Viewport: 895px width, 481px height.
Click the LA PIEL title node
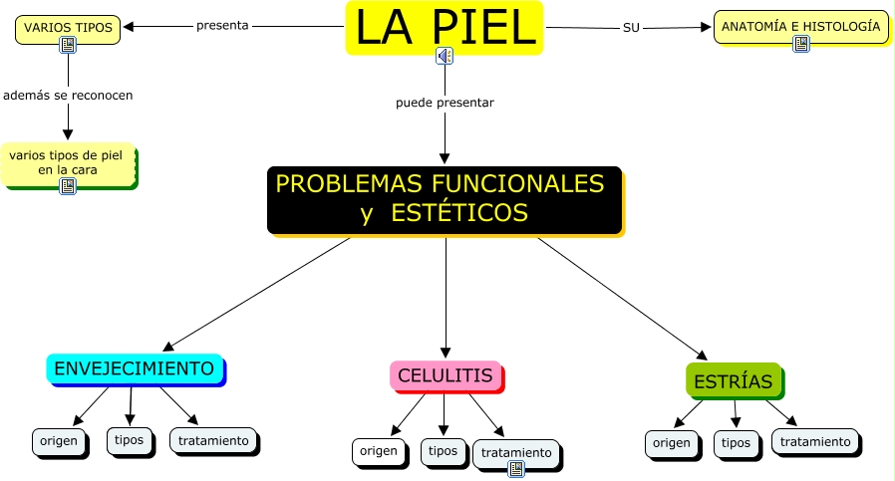(445, 27)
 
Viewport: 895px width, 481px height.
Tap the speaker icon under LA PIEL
(445, 57)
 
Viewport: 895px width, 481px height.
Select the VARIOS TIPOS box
(69, 27)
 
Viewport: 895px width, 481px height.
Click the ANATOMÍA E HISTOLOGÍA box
(800, 27)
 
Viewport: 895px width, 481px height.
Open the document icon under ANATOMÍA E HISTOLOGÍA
(801, 44)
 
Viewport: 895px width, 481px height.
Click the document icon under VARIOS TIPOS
(68, 45)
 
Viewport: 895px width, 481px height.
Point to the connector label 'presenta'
(222, 26)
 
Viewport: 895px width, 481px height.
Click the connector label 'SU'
(631, 27)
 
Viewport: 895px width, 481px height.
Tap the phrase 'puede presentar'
(445, 103)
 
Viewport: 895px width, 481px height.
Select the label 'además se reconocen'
(68, 96)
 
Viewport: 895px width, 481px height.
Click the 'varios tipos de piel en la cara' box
(68, 162)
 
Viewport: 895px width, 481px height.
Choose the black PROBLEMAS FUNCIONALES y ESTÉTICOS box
(445, 198)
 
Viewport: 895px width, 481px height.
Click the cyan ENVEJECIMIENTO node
(135, 368)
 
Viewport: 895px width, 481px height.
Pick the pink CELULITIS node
(446, 375)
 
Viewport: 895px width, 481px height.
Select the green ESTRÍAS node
(734, 380)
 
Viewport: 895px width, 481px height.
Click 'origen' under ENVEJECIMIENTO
(59, 439)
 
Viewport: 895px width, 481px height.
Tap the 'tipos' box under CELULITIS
(443, 451)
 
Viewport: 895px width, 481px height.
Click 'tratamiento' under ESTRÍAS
(815, 441)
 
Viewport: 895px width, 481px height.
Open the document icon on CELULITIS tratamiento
(516, 468)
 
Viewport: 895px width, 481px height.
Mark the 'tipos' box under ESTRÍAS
(736, 443)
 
